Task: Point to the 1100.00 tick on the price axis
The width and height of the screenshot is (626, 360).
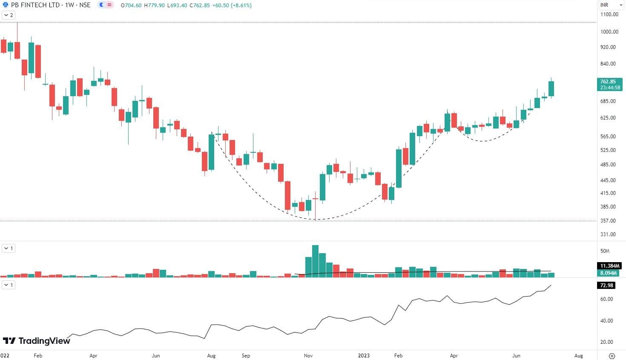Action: tap(609, 14)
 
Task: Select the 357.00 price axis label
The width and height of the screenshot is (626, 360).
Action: tap(608, 221)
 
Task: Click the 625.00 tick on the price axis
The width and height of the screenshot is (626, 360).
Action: tap(608, 118)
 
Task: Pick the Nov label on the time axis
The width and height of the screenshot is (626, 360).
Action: tap(309, 355)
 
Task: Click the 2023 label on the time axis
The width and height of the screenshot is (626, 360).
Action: tap(364, 355)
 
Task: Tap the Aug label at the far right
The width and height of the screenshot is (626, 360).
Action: tap(578, 355)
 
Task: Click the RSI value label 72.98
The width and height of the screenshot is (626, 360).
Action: tap(607, 286)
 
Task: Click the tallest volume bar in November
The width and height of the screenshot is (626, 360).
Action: tap(315, 261)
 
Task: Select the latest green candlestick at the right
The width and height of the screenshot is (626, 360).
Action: tap(551, 89)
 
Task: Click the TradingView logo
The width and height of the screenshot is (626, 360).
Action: tap(37, 341)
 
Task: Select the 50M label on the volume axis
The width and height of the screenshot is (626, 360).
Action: tap(605, 251)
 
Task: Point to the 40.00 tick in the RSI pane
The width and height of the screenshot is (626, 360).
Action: tap(607, 321)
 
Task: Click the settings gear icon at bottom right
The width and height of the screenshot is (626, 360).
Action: tap(612, 356)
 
